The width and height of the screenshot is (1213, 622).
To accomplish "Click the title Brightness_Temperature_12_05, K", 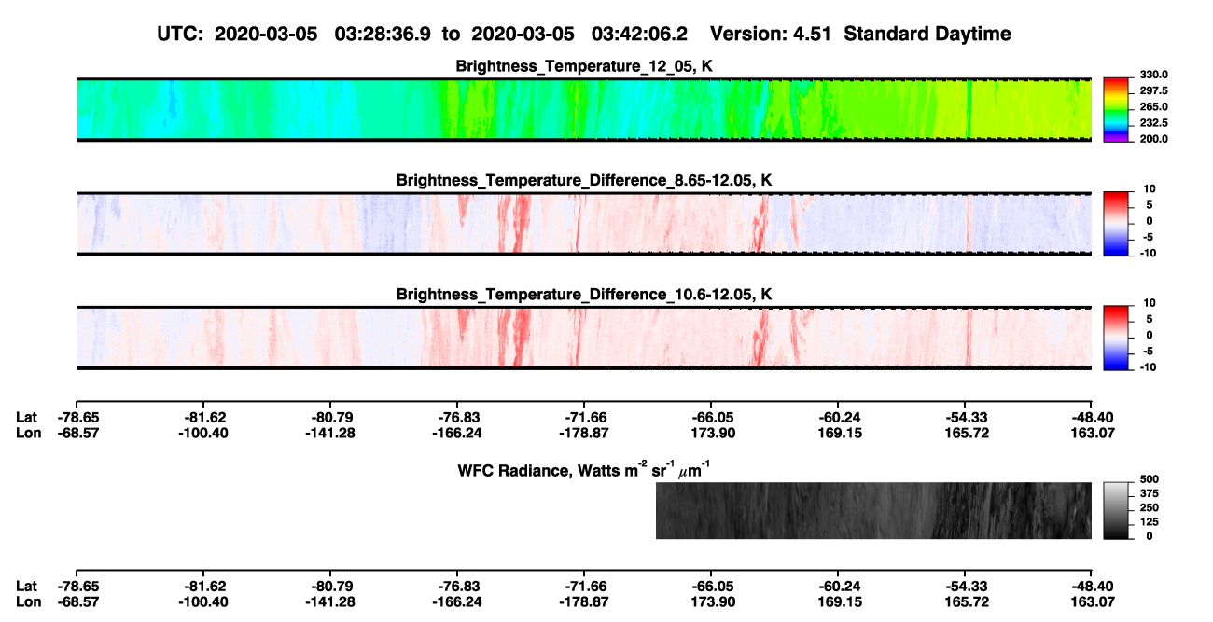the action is tap(584, 66).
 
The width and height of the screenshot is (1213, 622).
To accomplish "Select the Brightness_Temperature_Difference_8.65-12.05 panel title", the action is tap(584, 180).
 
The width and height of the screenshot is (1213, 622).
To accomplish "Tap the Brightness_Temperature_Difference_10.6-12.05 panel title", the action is tap(584, 295).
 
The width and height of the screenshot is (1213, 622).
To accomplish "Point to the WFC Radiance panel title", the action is tap(584, 469).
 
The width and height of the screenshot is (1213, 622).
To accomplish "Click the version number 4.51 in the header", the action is tap(812, 34).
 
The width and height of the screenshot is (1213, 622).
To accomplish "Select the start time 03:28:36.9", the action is tap(383, 34).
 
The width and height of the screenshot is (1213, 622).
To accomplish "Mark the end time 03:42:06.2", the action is tap(639, 34).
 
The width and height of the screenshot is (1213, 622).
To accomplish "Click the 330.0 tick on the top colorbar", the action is tap(1153, 75).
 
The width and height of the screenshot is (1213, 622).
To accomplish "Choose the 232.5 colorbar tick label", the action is tap(1153, 123).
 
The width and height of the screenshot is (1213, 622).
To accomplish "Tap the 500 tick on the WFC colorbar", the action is tap(1150, 479).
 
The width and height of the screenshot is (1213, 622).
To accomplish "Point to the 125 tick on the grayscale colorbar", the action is tap(1150, 522).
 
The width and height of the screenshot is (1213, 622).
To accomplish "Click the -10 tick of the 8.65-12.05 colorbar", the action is tap(1147, 253).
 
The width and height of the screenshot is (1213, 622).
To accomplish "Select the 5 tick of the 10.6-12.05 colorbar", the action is tap(1150, 319).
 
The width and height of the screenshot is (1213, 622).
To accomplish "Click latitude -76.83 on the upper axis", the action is tap(457, 418).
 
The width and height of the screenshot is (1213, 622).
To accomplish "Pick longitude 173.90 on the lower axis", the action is tap(713, 602).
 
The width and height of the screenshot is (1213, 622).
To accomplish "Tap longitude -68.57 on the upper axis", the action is tap(78, 433).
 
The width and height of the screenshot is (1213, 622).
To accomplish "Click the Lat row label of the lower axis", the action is tap(26, 587).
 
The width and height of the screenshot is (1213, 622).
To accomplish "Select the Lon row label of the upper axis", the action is tap(28, 433).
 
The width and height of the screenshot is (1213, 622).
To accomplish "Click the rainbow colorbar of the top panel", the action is tap(1116, 110).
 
